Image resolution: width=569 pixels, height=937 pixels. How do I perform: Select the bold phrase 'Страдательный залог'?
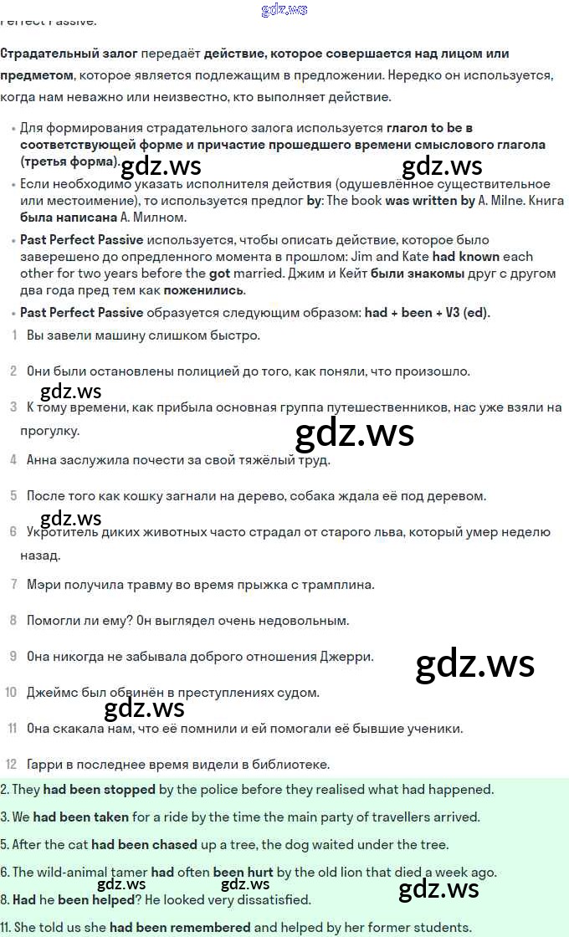pos(69,54)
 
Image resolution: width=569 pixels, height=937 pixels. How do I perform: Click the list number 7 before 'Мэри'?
pos(13,584)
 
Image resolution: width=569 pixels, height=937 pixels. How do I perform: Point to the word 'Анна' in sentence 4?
pos(41,459)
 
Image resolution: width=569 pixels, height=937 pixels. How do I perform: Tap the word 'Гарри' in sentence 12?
pos(43,764)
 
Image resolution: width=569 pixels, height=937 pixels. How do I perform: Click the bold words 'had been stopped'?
pos(100,789)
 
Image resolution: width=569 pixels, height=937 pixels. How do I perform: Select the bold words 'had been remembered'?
pos(180,927)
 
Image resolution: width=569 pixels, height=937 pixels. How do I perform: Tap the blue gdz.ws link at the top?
pos(284,10)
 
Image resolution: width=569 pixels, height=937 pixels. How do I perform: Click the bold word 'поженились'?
pos(203,290)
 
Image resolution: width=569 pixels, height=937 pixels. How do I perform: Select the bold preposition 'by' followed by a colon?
pos(315,201)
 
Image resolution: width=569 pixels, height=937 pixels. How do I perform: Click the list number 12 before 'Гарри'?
pos(11,764)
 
